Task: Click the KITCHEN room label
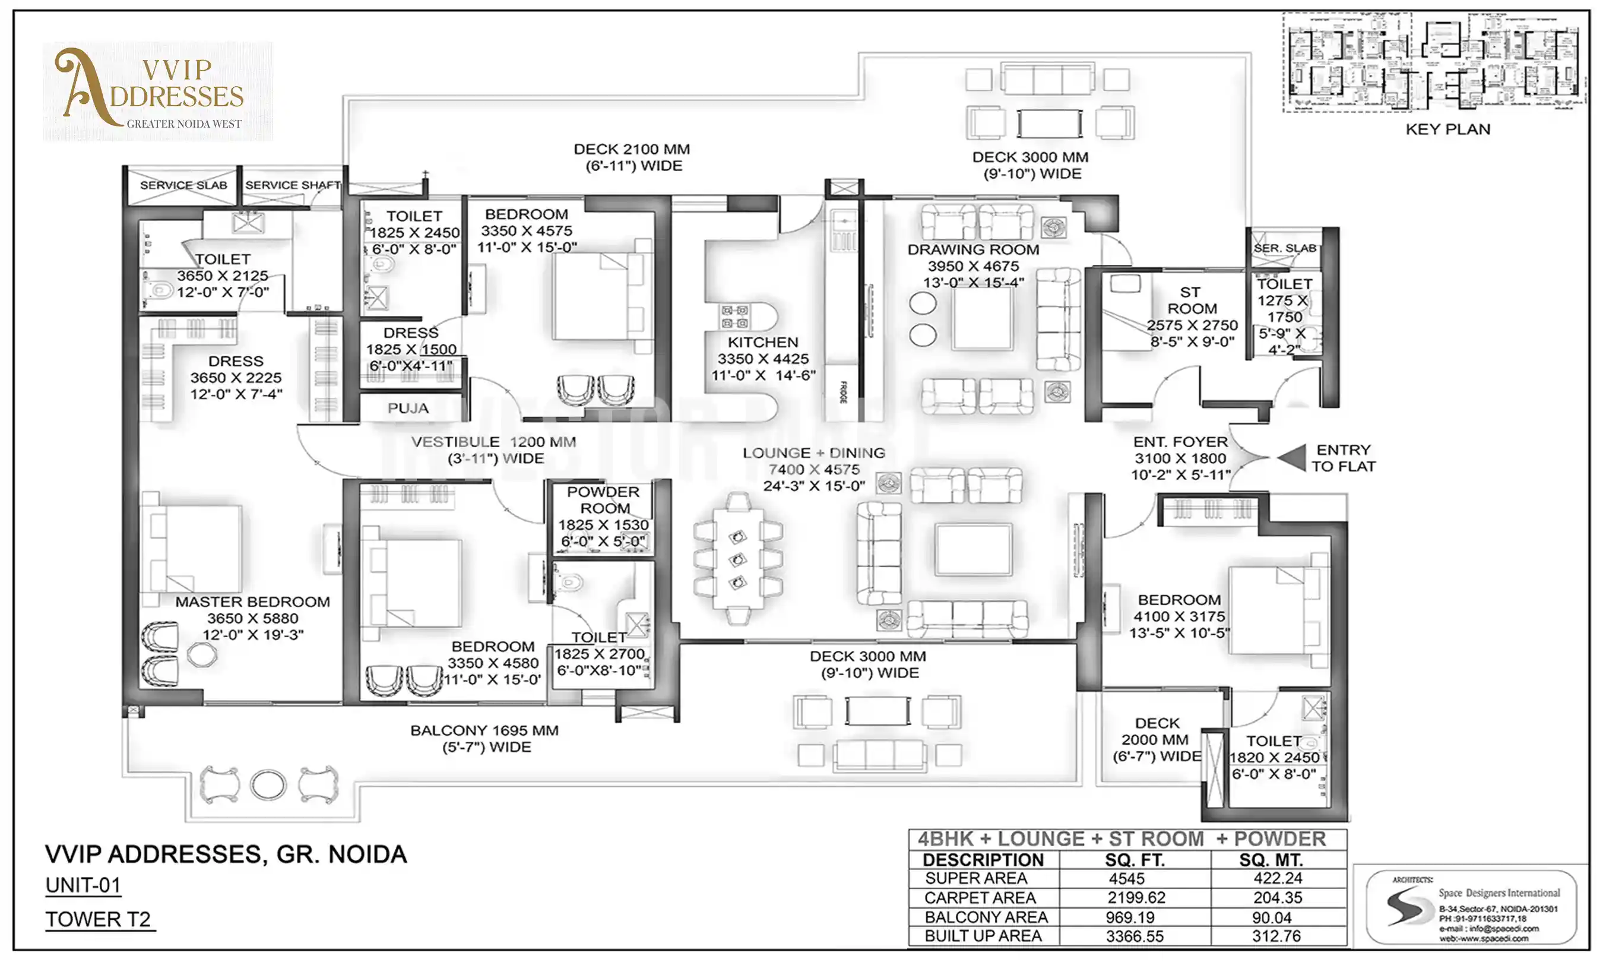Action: click(763, 342)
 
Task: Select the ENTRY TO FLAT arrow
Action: click(1292, 458)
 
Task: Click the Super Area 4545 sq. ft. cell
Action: click(1127, 878)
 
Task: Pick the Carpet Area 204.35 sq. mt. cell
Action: click(1277, 898)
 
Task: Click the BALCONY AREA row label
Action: click(986, 917)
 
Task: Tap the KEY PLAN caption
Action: click(1447, 129)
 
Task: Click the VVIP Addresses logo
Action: click(157, 91)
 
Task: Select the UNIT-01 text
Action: click(83, 885)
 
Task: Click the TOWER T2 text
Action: click(99, 919)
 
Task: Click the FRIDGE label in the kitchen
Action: click(843, 392)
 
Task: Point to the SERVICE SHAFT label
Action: click(292, 185)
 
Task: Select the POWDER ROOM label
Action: click(604, 500)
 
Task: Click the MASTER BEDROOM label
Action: click(252, 602)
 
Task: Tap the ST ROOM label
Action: click(1191, 300)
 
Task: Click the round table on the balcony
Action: click(268, 785)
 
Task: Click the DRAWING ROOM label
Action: click(972, 249)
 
